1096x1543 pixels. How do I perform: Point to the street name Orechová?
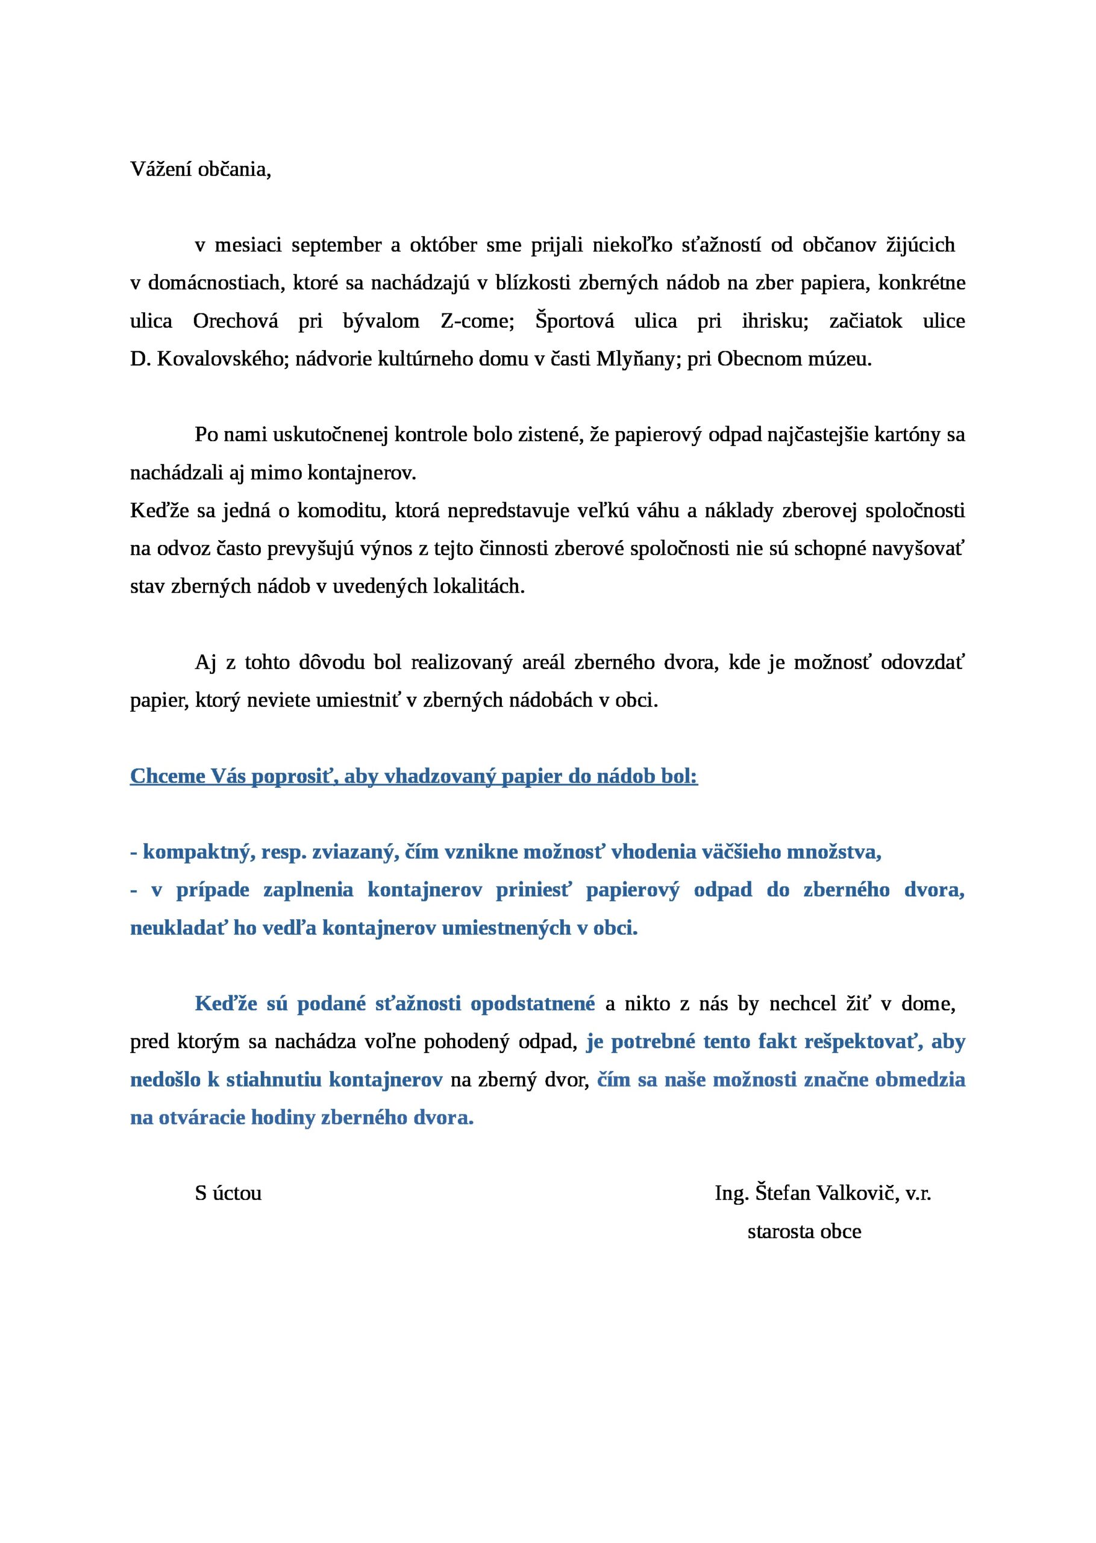(236, 321)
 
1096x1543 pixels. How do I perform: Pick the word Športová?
(575, 321)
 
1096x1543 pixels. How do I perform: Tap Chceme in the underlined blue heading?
(168, 776)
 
